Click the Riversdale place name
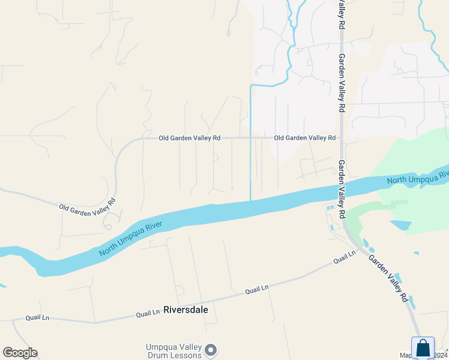click(185, 310)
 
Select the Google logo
click(20, 353)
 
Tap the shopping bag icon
click(423, 348)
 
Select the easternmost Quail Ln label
click(345, 257)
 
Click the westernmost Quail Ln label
click(37, 317)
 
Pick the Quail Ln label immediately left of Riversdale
click(148, 313)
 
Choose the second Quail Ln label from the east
click(257, 290)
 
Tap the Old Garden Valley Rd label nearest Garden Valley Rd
click(304, 138)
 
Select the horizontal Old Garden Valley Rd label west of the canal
click(189, 138)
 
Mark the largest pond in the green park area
click(400, 226)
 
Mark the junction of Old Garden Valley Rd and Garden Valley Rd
click(341, 138)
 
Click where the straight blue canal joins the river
click(250, 200)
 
